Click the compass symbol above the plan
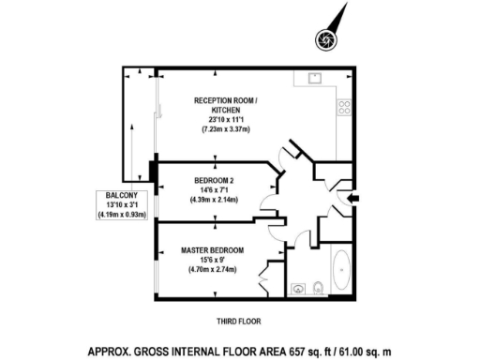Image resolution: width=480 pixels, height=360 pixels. tap(326, 38)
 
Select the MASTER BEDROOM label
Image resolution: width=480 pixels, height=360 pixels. tap(213, 250)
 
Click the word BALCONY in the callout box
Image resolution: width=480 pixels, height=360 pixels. tap(123, 196)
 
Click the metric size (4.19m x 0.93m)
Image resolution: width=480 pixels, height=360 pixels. tap(123, 215)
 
